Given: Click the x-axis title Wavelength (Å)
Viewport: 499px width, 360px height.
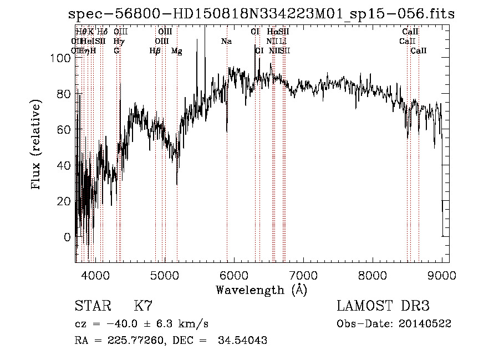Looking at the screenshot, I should [261, 290].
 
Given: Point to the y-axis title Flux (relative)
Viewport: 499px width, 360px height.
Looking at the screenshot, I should [37, 145].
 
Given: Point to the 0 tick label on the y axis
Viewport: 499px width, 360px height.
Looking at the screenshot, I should [68, 237].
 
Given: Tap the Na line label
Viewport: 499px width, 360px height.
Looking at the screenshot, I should [226, 42].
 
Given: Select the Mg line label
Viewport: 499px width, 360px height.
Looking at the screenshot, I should [177, 51].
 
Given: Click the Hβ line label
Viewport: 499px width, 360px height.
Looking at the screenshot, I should [155, 51].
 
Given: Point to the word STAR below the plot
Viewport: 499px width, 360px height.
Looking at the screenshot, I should [93, 306].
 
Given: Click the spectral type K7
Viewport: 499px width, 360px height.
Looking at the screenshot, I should [143, 306].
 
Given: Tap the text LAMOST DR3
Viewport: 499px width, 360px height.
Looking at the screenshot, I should [383, 306].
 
